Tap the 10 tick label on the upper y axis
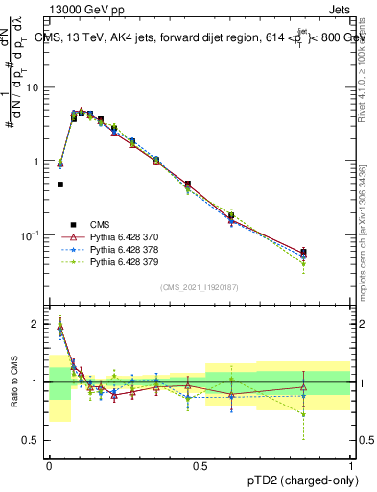33,86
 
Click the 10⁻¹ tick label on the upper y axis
29,234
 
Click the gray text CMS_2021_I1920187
200,287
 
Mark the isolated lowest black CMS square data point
60,184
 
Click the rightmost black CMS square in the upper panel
303,252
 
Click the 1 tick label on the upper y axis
36,160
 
